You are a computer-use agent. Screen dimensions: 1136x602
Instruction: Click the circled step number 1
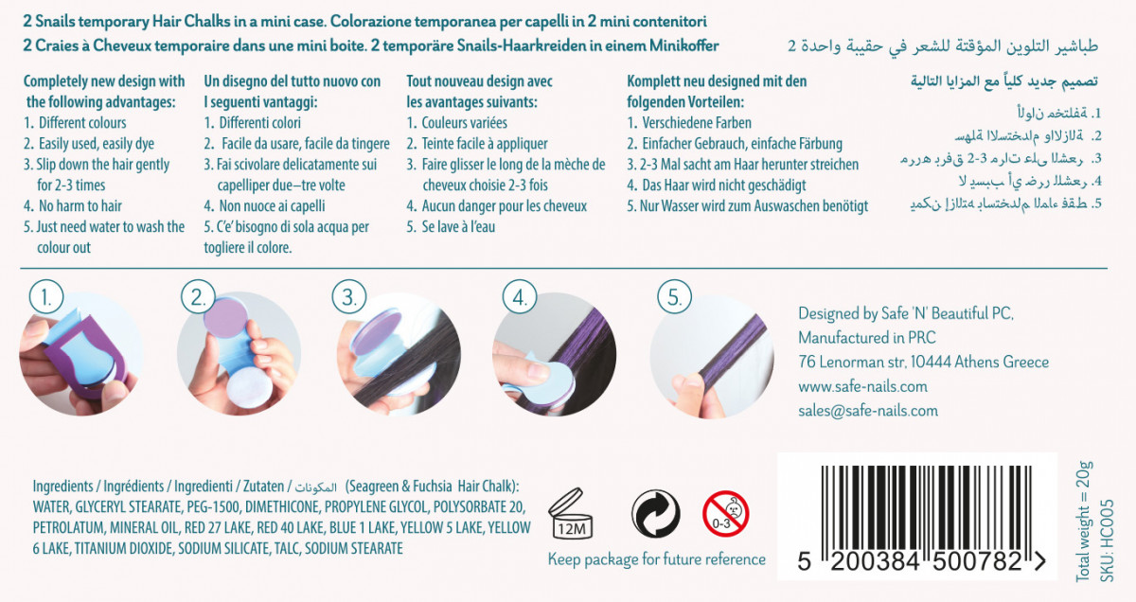46,297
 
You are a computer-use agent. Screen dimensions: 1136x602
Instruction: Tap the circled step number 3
349,297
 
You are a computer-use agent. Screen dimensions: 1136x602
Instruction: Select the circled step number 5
674,297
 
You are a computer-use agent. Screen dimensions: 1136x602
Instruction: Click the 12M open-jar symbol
571,514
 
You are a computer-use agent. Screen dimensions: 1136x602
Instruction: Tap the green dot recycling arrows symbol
656,514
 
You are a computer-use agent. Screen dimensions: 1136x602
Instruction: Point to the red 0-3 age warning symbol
726,514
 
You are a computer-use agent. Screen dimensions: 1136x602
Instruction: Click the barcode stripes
926,507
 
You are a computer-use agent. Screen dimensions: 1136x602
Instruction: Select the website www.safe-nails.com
862,386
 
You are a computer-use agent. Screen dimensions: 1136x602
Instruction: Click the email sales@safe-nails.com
868,410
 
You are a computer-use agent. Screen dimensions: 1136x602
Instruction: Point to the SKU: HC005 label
1107,541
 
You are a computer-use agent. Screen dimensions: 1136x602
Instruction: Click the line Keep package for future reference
657,559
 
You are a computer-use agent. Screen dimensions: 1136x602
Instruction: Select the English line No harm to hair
73,206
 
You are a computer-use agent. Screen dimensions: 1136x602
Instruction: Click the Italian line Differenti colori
252,123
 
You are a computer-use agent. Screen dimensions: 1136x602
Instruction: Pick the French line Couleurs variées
456,123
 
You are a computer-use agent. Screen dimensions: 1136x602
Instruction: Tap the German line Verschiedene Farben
689,123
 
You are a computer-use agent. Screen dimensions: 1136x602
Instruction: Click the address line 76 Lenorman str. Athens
924,363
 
